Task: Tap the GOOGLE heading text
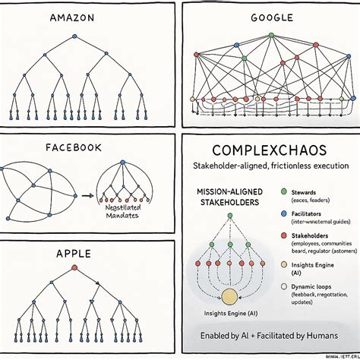point(270,17)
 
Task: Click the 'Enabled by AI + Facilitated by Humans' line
point(270,335)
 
